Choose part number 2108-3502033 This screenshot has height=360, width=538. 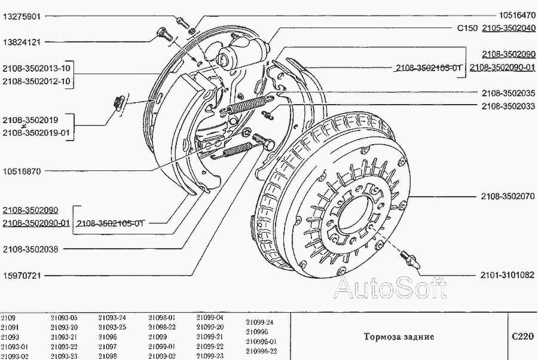pos(508,106)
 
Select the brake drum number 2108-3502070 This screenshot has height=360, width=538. pos(508,196)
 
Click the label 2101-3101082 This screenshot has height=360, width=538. pos(508,275)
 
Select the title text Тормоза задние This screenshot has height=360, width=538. pos(399,337)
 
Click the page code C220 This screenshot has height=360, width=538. pos(522,336)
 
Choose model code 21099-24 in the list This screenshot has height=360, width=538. pos(259,322)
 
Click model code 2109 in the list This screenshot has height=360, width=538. pos(8,318)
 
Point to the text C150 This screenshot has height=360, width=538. pos(467,28)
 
